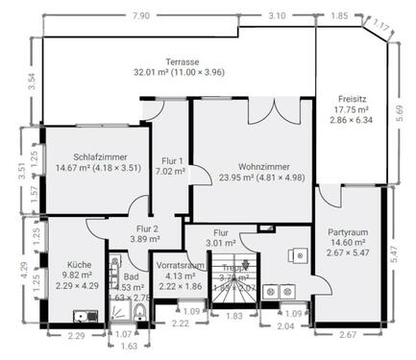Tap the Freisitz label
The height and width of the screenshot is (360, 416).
coord(354,98)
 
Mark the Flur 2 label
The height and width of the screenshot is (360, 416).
coord(147,228)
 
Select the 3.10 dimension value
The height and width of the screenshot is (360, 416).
coord(277,16)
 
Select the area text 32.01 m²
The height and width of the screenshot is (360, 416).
coord(151,71)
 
